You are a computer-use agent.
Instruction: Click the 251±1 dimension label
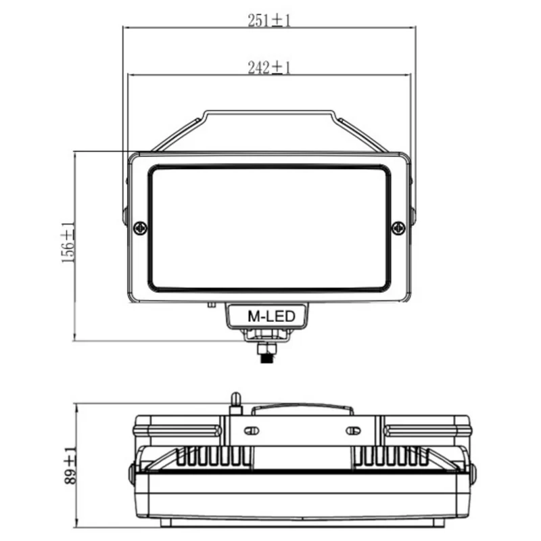pos(269,20)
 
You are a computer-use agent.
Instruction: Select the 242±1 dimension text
pos(269,67)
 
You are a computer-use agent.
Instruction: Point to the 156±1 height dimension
pos(68,243)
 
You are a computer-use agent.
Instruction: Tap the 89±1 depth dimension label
pos(70,465)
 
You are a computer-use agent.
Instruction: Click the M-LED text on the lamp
pos(272,316)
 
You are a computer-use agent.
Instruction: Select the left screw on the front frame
pos(140,228)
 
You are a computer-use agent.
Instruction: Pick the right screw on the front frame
pos(398,228)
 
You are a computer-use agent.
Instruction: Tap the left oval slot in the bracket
pos(252,431)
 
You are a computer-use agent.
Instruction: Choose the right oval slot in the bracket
pos(353,431)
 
